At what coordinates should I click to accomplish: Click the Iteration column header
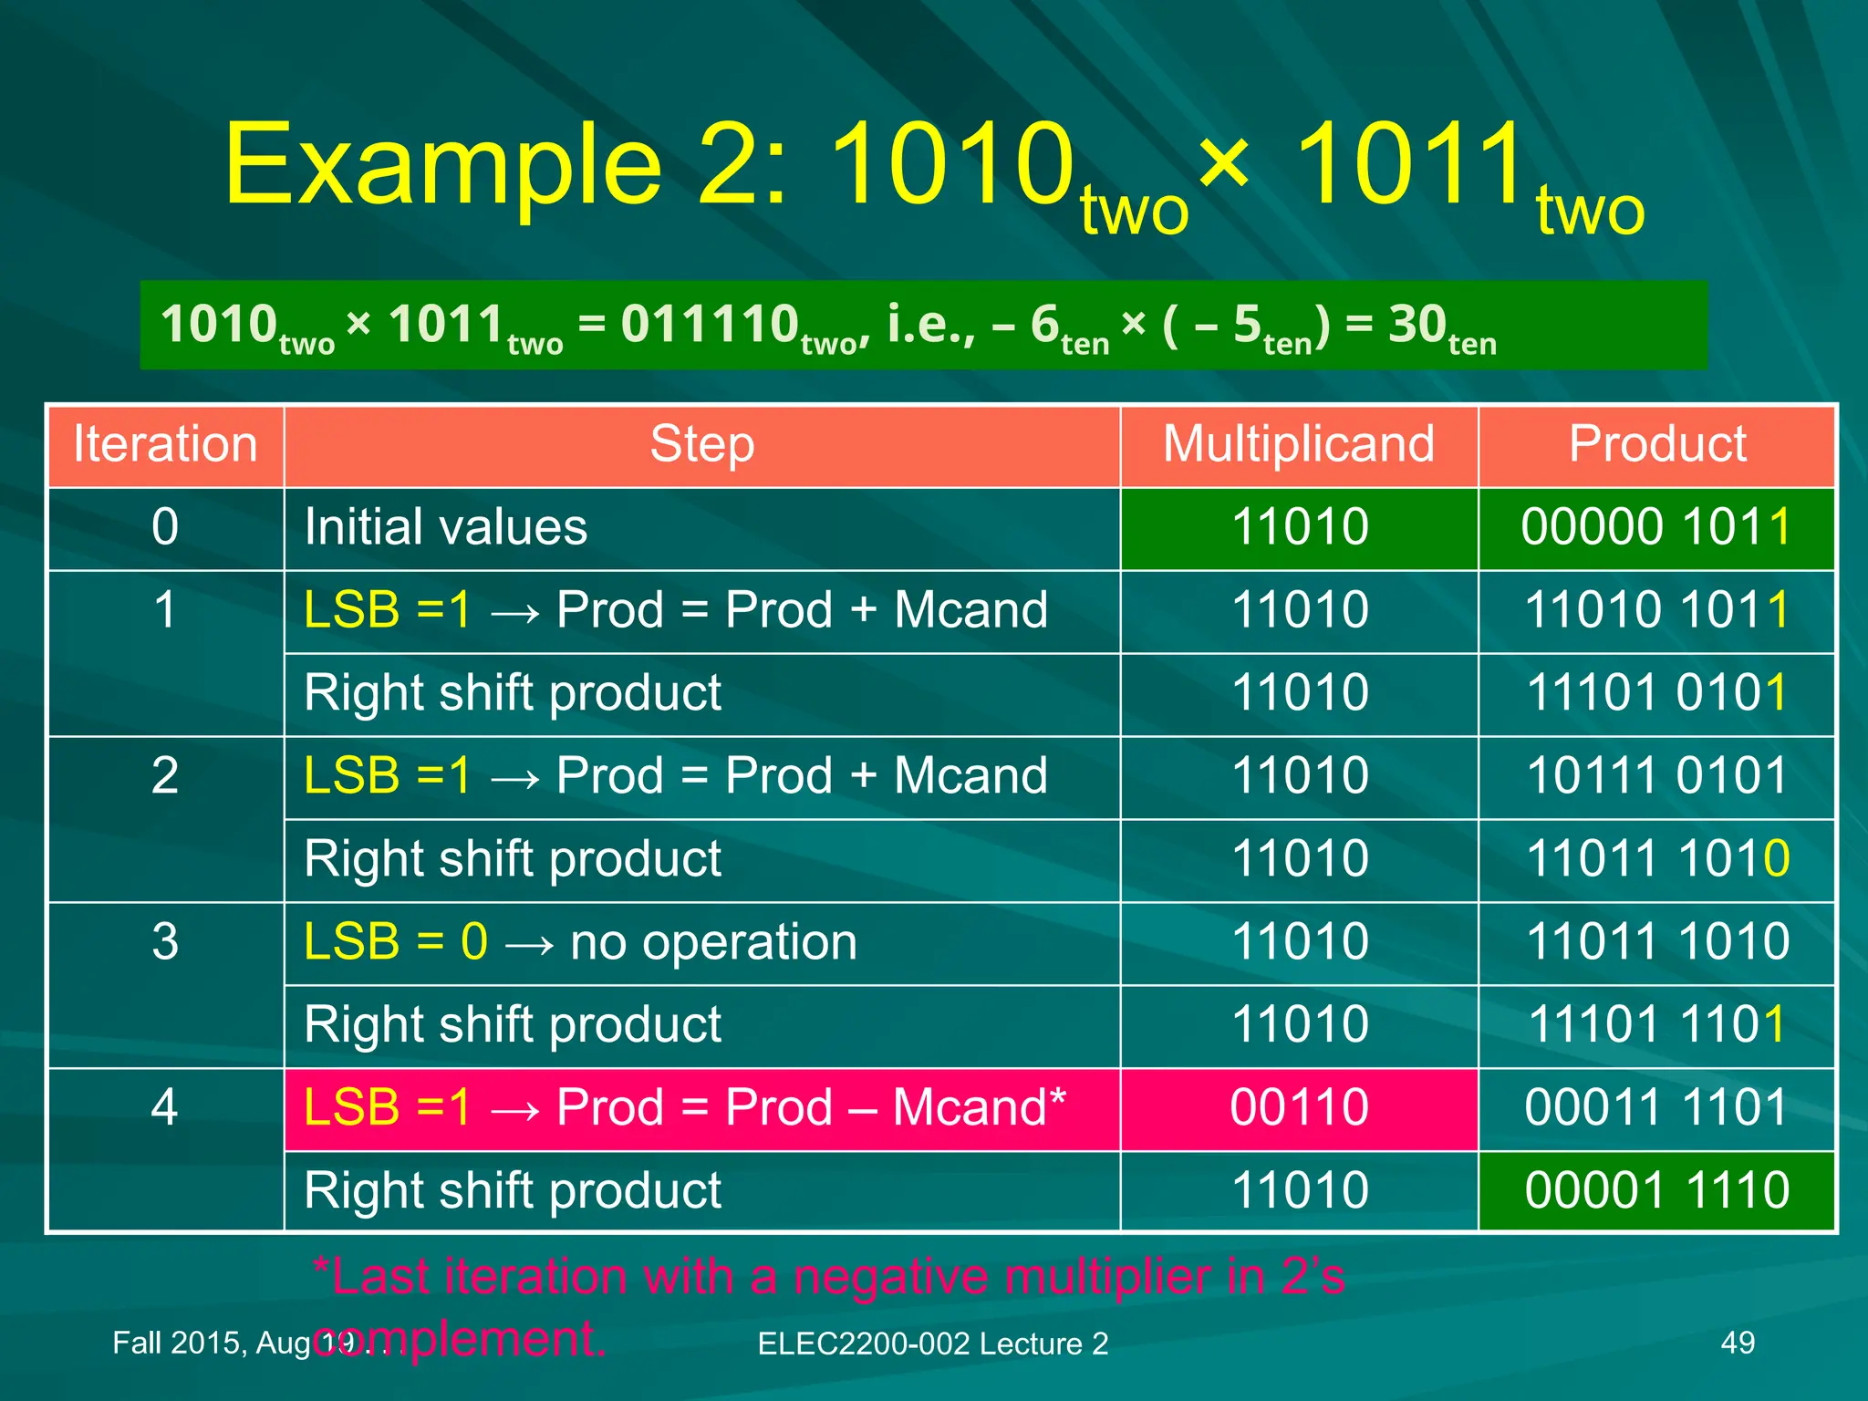[165, 445]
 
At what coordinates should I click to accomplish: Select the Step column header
[701, 445]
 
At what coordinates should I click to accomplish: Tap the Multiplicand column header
[1298, 445]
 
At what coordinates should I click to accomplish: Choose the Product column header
[1656, 445]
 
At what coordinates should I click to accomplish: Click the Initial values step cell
[446, 528]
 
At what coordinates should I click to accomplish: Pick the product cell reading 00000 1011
[1655, 528]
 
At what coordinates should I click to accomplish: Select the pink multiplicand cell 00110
[1299, 1108]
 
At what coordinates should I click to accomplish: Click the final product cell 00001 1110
[1656, 1191]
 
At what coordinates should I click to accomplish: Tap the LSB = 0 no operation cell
[581, 942]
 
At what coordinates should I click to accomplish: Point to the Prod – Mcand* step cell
[684, 1108]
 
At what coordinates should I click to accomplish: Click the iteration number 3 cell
[165, 942]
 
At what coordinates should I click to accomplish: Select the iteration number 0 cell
[165, 528]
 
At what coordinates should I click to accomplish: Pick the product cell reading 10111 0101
[1656, 776]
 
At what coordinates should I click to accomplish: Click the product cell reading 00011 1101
[1655, 1108]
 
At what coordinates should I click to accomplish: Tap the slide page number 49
[1737, 1343]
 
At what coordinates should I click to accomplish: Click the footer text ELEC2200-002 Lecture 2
[932, 1344]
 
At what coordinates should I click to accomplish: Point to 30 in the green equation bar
[1417, 325]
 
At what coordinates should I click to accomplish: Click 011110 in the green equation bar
[710, 325]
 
